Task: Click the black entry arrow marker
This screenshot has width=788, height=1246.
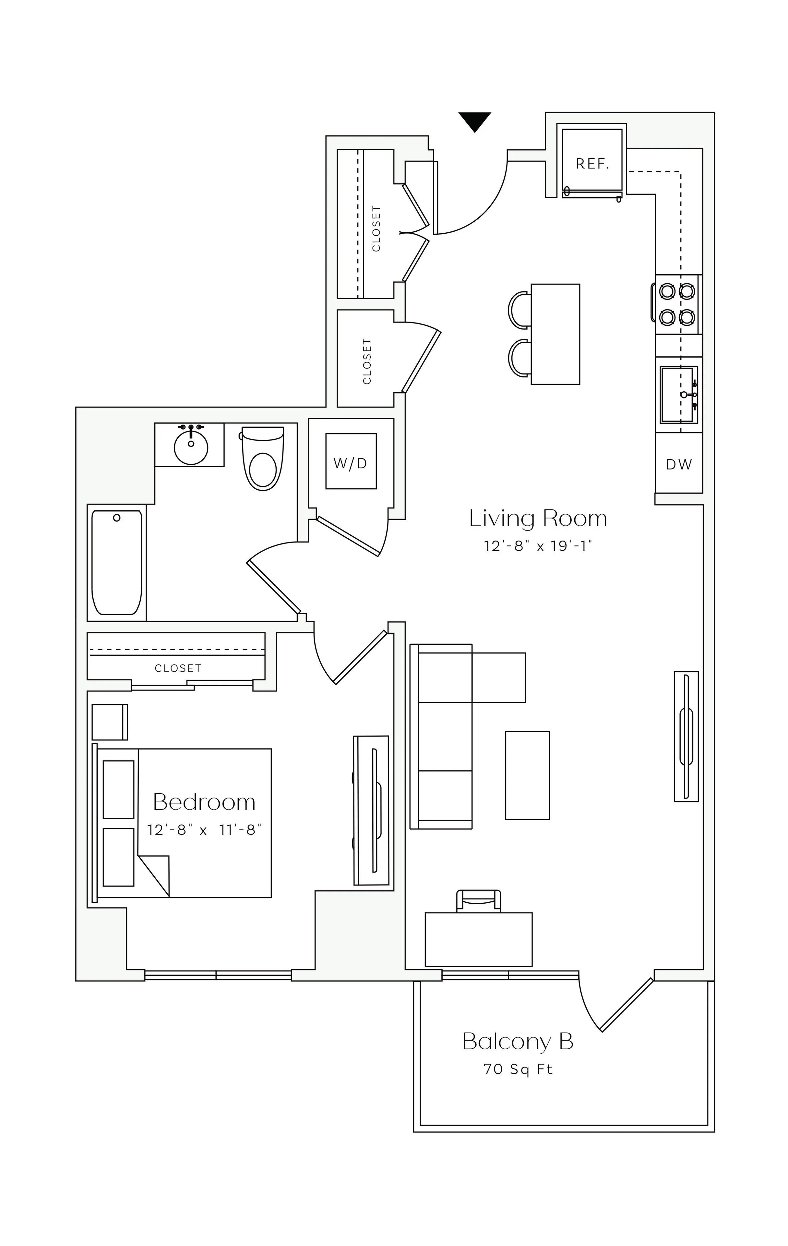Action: point(474,121)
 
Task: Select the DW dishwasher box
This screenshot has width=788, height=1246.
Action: point(678,464)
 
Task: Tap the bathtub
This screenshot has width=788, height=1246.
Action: point(116,562)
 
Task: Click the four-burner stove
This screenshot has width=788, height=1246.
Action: point(677,304)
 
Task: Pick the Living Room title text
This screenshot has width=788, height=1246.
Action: point(538,519)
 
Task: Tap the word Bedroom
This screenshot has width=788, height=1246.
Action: point(204,802)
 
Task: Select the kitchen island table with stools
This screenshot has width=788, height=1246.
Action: point(555,334)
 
